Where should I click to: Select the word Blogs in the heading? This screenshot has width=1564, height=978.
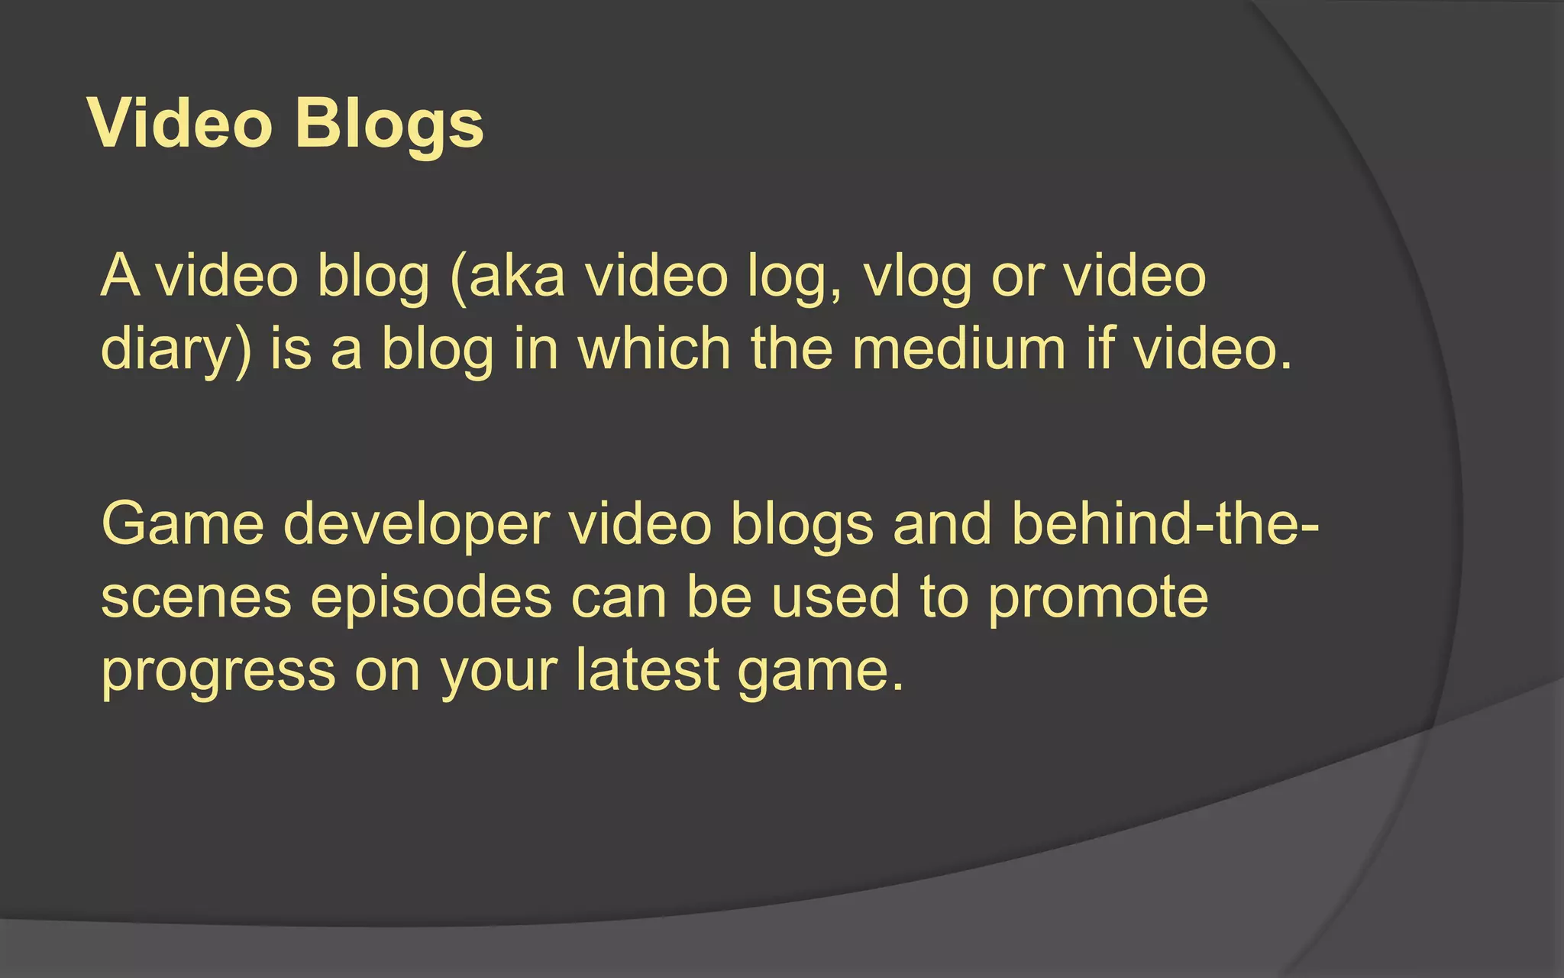tap(389, 124)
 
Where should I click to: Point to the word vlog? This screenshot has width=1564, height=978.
tap(917, 277)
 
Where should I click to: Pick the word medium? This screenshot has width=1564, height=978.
tap(958, 348)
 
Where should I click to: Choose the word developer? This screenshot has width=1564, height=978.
tap(416, 526)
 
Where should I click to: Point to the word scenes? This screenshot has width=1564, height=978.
tap(196, 597)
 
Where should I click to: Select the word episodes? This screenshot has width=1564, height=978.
tap(431, 599)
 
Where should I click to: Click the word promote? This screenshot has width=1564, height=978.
tap(1099, 599)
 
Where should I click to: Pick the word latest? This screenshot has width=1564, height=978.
tap(648, 670)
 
